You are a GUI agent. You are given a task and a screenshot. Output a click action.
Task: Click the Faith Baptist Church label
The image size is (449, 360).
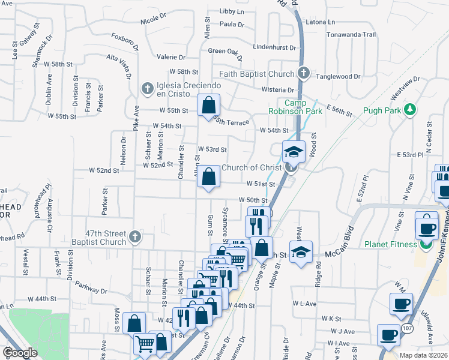257,74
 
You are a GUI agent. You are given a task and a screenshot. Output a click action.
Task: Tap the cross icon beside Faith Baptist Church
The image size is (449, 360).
303,74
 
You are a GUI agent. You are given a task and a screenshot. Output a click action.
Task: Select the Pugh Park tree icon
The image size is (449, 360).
410,110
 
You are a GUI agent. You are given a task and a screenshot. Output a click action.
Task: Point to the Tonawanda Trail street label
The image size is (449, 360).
351,34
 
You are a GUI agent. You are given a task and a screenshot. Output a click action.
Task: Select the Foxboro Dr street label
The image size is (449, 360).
125,43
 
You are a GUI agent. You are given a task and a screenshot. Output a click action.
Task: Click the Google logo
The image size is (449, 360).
20,353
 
